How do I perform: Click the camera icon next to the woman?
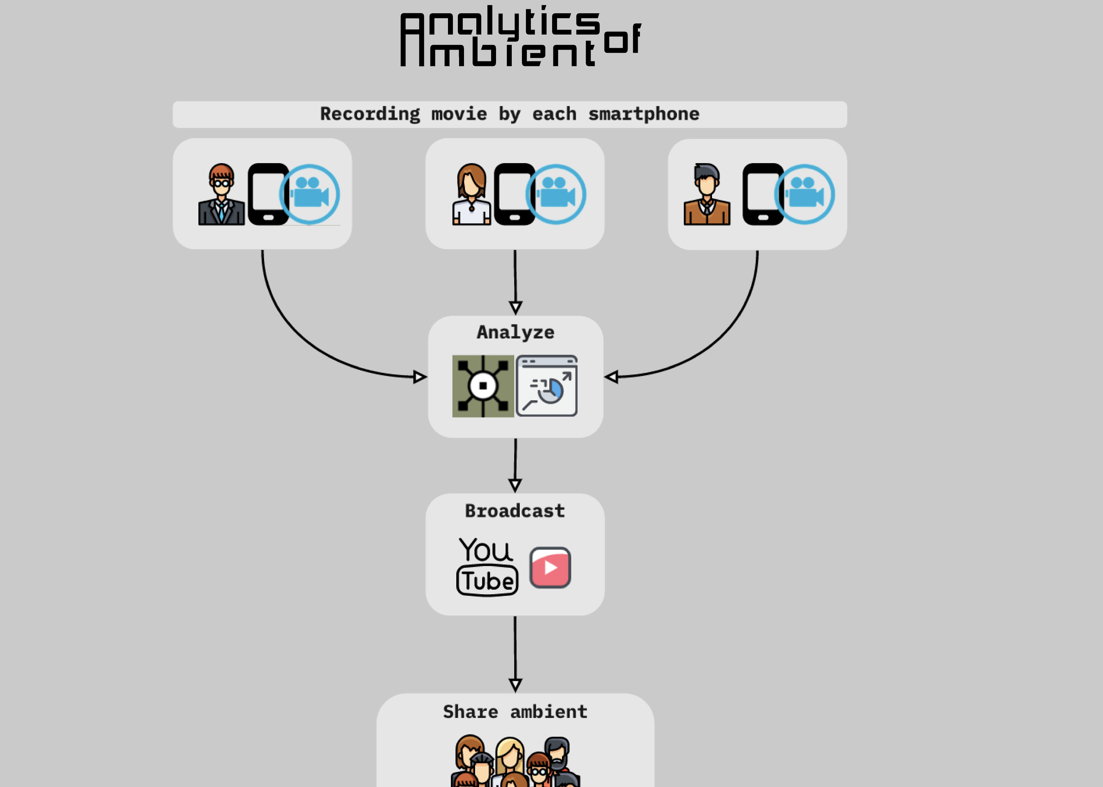coord(556,194)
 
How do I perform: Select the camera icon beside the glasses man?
coord(310,194)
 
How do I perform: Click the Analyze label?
coord(515,332)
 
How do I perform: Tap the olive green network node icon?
coord(483,386)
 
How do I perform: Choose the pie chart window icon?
coord(547,386)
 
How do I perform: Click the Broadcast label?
coord(515,511)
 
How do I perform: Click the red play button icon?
coord(550,567)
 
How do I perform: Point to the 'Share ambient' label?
coord(515,712)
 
